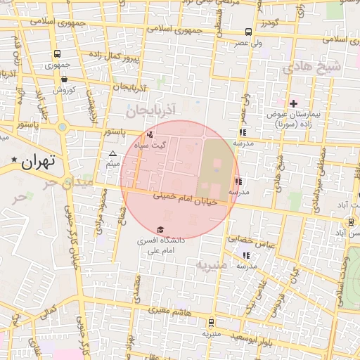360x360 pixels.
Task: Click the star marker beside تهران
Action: click(x=13, y=161)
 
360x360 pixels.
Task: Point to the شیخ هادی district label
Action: click(x=311, y=68)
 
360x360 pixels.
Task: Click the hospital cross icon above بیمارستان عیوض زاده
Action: click(x=294, y=103)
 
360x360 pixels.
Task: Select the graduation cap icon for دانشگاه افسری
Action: click(x=161, y=229)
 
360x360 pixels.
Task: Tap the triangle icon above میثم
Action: click(x=113, y=153)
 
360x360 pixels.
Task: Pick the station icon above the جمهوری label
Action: click(x=56, y=53)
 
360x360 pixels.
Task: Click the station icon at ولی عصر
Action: click(x=248, y=32)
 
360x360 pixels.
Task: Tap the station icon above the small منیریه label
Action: click(x=212, y=323)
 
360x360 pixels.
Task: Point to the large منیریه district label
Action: click(x=212, y=266)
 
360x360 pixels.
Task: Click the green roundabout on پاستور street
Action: click(x=63, y=127)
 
